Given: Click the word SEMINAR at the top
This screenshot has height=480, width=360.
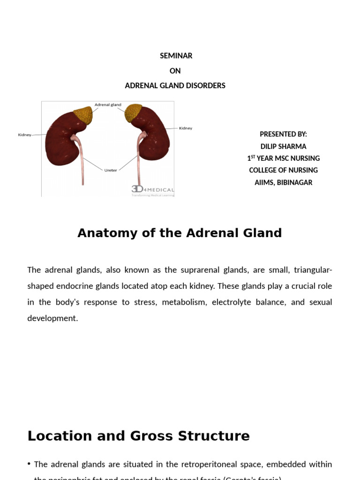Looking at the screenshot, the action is tap(176, 56).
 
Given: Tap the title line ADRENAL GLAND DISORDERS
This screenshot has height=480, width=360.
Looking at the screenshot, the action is tap(175, 86).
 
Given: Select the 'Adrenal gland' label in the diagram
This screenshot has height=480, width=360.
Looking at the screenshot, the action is tap(108, 105).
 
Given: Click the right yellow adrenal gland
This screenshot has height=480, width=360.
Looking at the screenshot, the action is tap(133, 113).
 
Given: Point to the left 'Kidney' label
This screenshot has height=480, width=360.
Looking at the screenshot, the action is tap(24, 135).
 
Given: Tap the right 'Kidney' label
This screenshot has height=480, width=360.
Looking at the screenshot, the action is tap(186, 128).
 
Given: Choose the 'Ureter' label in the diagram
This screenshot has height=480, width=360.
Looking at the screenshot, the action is tap(111, 171).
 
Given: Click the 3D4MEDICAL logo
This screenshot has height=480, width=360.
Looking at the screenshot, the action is tap(152, 190).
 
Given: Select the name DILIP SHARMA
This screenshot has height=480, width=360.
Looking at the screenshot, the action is tap(283, 146).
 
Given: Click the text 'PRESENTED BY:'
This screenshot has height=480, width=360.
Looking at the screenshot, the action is tap(283, 134).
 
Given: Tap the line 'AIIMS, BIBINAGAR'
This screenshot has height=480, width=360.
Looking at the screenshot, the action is tap(283, 183).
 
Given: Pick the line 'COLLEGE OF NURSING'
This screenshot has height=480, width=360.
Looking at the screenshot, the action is tap(283, 171).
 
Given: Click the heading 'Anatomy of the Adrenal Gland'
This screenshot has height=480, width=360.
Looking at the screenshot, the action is tap(180, 233).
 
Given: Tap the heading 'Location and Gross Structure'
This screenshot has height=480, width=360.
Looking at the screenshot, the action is tap(138, 436).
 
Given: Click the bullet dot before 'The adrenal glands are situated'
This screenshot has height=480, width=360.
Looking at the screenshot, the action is tap(30, 464).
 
